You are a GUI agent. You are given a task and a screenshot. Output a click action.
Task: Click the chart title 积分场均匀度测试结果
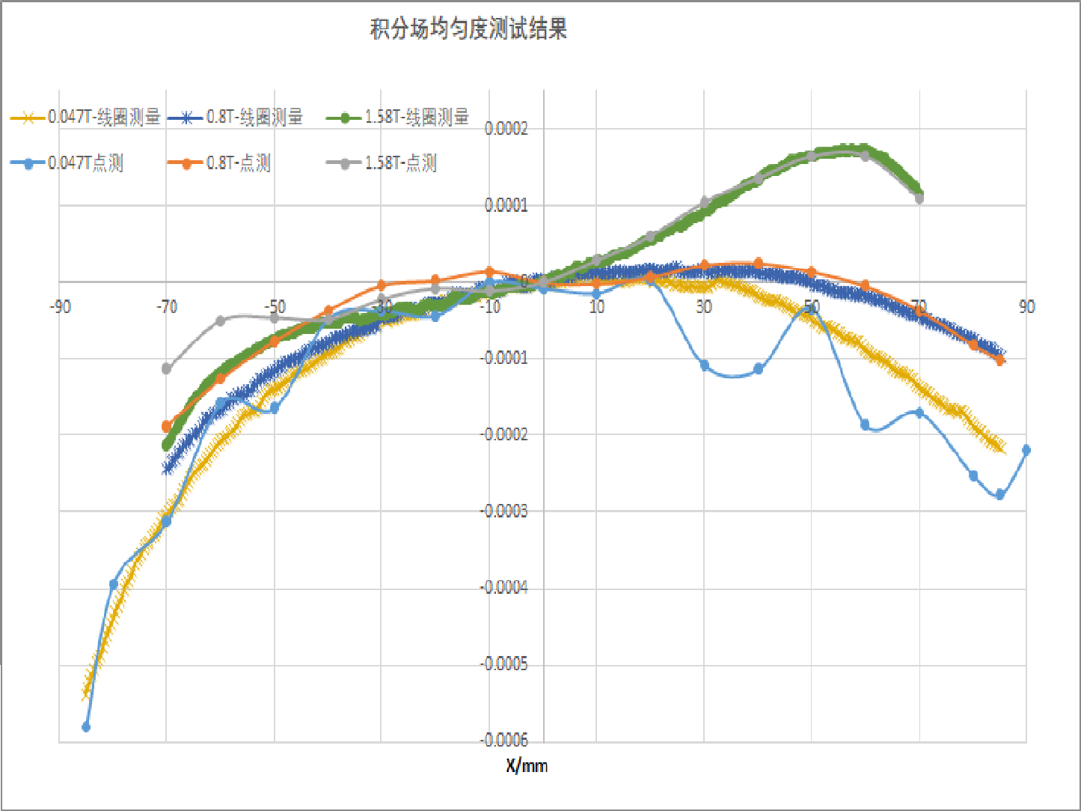pyautogui.click(x=468, y=29)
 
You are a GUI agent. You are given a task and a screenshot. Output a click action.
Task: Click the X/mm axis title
pyautogui.click(x=526, y=765)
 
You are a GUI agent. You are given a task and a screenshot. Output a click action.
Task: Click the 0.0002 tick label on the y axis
pyautogui.click(x=506, y=129)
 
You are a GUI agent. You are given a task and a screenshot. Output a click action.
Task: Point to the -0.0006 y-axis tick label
pyautogui.click(x=504, y=740)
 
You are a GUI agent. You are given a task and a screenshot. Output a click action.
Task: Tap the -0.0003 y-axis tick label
pyautogui.click(x=504, y=511)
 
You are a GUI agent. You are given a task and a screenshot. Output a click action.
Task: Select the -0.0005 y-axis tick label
pyautogui.click(x=504, y=663)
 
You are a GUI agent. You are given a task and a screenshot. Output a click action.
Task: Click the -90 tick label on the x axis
pyautogui.click(x=61, y=307)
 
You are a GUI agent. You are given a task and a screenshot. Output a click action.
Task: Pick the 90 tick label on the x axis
pyautogui.click(x=1026, y=307)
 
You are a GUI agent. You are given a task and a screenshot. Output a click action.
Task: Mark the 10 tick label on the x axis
pyautogui.click(x=596, y=307)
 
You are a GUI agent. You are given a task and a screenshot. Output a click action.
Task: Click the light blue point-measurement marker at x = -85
pyautogui.click(x=86, y=726)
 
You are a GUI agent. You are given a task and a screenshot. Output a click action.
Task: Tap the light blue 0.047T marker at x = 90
pyautogui.click(x=1026, y=450)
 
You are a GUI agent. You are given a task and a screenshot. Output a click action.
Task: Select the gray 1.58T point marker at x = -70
pyautogui.click(x=167, y=368)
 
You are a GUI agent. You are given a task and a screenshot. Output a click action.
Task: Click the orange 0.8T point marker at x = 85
pyautogui.click(x=1000, y=360)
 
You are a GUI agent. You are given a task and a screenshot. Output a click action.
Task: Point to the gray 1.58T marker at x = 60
pyautogui.click(x=866, y=156)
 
